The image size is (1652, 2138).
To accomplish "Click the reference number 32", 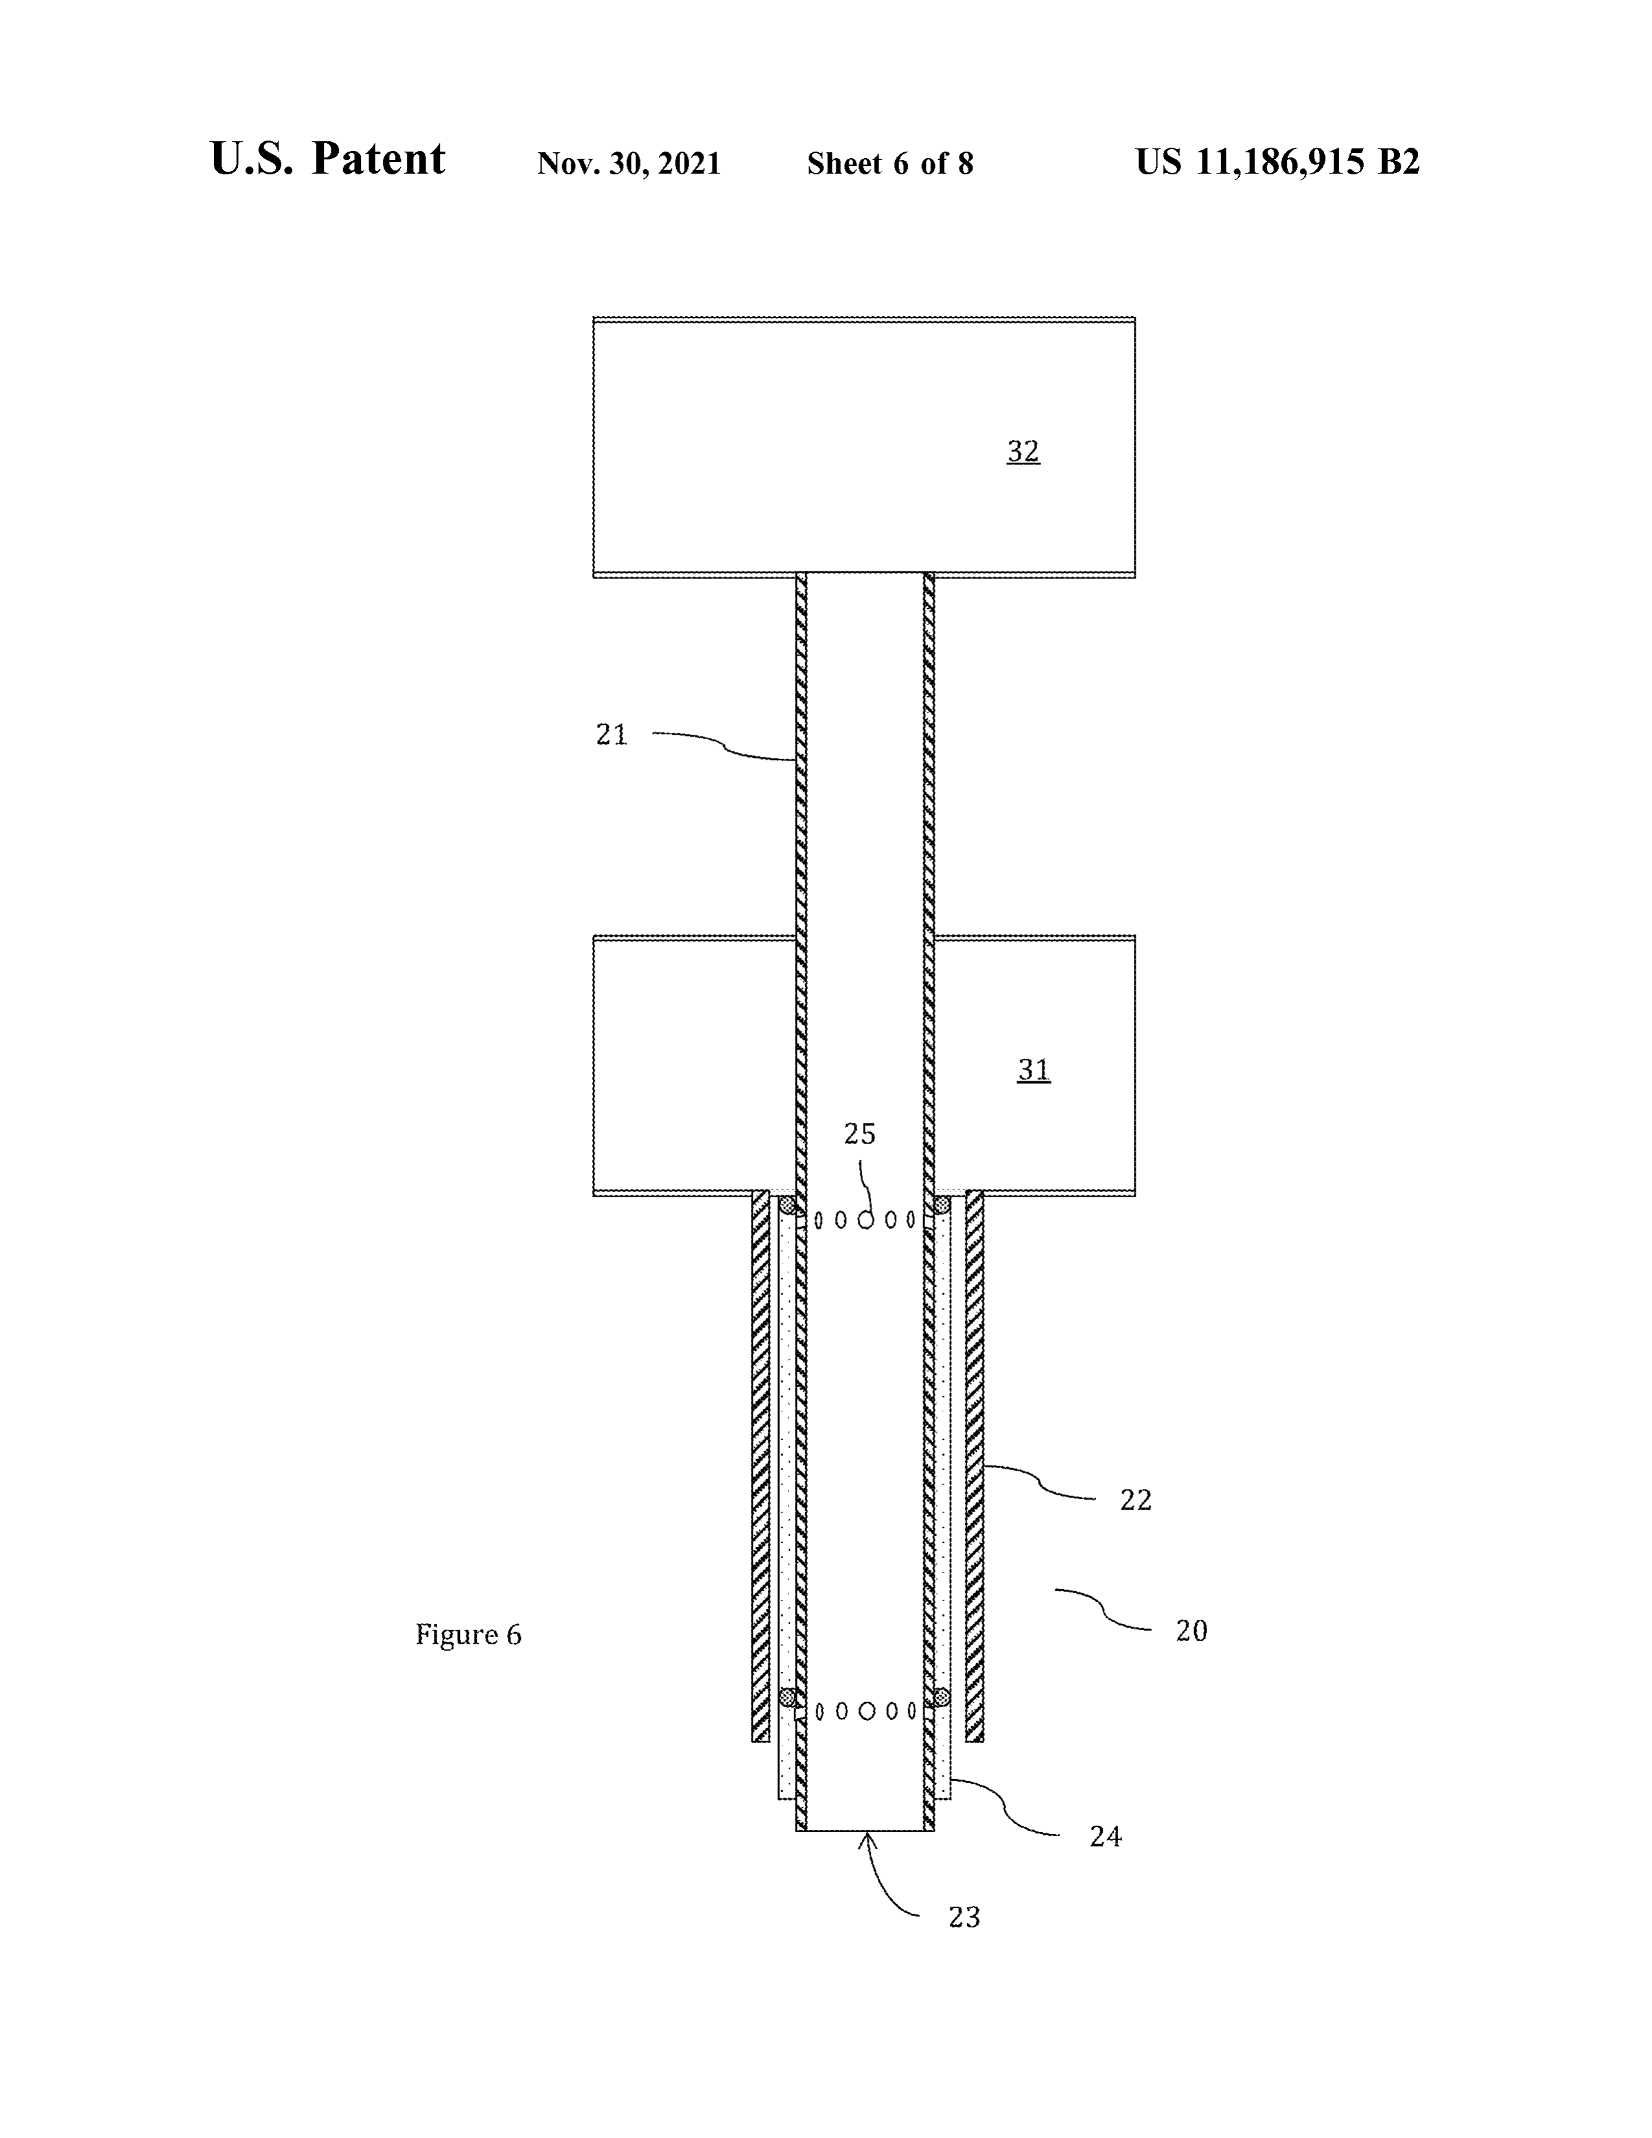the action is point(1023,452).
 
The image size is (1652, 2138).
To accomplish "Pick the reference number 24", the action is point(1105,1837).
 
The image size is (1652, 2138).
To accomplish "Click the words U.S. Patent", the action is point(328,159).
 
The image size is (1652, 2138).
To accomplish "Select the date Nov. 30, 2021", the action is point(629,163).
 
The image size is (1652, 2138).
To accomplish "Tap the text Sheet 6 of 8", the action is point(891,163).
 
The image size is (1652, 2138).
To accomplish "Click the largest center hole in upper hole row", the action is point(866,1220).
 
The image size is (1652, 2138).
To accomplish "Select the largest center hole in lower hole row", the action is point(866,1711).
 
